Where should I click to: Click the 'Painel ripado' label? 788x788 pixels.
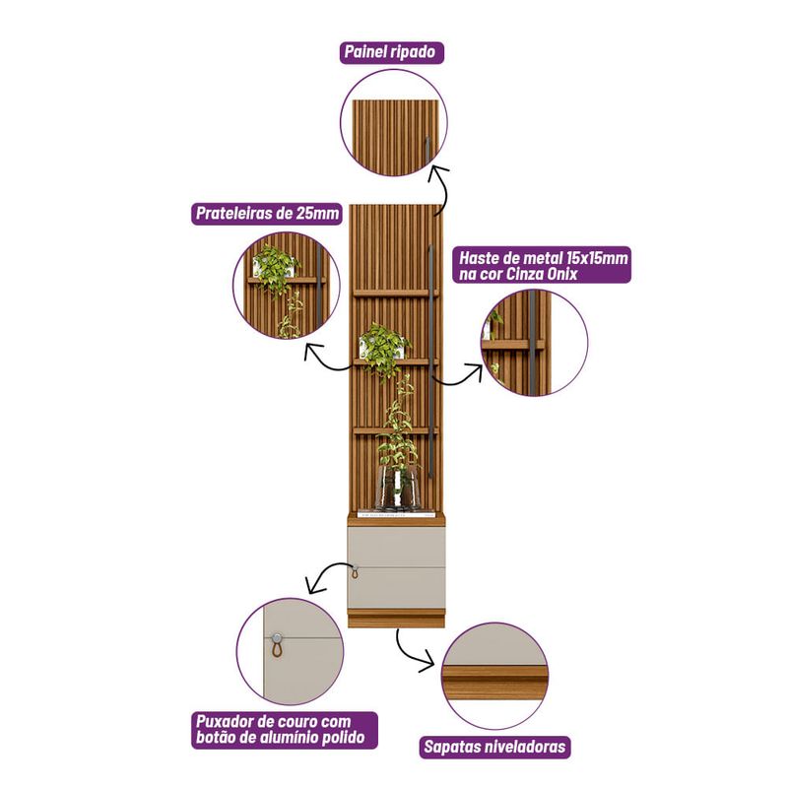coord(391,52)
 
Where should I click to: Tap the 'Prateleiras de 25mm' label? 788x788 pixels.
coord(267,214)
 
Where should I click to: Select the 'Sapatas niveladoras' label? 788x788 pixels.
coord(495,747)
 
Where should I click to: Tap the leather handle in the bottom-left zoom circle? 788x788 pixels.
coord(277,646)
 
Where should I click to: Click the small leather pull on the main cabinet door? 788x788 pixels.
coord(355,572)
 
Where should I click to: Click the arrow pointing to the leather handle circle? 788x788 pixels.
coord(326,575)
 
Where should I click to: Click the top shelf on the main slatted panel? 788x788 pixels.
coord(395,293)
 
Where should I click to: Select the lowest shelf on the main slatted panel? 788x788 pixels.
coord(395,430)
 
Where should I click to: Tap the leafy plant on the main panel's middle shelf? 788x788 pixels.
coord(385,348)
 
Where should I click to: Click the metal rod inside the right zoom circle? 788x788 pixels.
coord(532,343)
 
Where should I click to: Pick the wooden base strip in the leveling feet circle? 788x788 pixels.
coord(494,678)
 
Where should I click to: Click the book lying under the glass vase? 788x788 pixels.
coord(397,514)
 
